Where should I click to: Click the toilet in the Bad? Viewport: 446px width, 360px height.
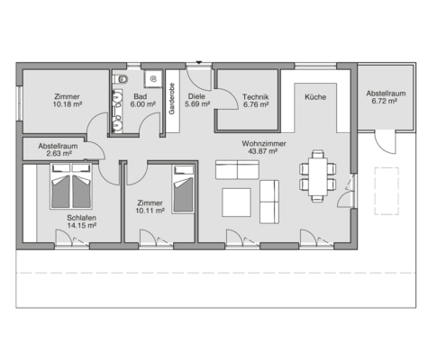pyautogui.click(x=121, y=79)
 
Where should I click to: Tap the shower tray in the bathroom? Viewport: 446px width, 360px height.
pyautogui.click(x=153, y=79)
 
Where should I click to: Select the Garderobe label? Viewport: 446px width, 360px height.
pyautogui.click(x=172, y=99)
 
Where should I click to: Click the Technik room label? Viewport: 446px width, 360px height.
pyautogui.click(x=256, y=97)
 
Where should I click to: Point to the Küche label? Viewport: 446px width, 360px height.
pyautogui.click(x=315, y=97)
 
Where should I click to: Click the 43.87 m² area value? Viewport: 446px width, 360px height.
pyautogui.click(x=262, y=151)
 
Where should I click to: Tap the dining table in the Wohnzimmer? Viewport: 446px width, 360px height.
pyautogui.click(x=317, y=176)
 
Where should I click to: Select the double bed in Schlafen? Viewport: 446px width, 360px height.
pyautogui.click(x=71, y=186)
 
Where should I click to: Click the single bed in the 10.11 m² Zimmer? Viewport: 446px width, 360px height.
pyautogui.click(x=183, y=190)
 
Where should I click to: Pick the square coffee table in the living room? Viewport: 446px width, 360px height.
pyautogui.click(x=236, y=202)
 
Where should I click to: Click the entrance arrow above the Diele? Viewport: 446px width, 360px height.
pyautogui.click(x=198, y=62)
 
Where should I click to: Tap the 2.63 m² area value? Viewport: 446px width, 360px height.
pyautogui.click(x=59, y=154)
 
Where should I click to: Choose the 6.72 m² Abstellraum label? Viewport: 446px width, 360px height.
pyautogui.click(x=386, y=97)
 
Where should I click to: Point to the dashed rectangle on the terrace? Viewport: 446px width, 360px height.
pyautogui.click(x=387, y=191)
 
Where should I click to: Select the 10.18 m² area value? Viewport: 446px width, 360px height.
pyautogui.click(x=68, y=104)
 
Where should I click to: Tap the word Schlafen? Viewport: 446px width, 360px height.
pyautogui.click(x=81, y=218)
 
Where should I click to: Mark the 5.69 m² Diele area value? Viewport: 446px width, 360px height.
pyautogui.click(x=197, y=104)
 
